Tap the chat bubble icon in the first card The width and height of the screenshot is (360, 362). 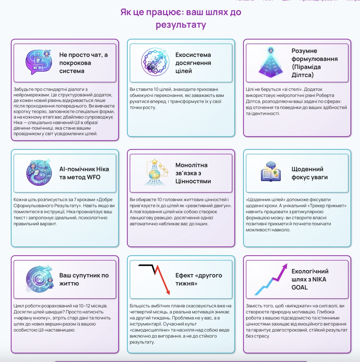(39, 62)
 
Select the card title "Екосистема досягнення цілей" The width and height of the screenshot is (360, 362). (193, 63)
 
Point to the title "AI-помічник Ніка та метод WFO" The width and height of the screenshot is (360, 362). (84, 173)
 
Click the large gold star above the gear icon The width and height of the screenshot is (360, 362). (154, 162)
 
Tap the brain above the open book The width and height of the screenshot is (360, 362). (271, 165)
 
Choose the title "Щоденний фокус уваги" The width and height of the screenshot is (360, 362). (310, 173)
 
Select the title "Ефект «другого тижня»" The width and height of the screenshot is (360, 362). (199, 279)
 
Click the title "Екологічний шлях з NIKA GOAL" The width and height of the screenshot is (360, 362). (310, 279)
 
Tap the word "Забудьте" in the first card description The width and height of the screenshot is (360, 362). (21, 90)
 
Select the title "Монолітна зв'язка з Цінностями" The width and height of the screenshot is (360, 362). (193, 173)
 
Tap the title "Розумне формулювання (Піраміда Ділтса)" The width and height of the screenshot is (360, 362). (314, 63)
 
